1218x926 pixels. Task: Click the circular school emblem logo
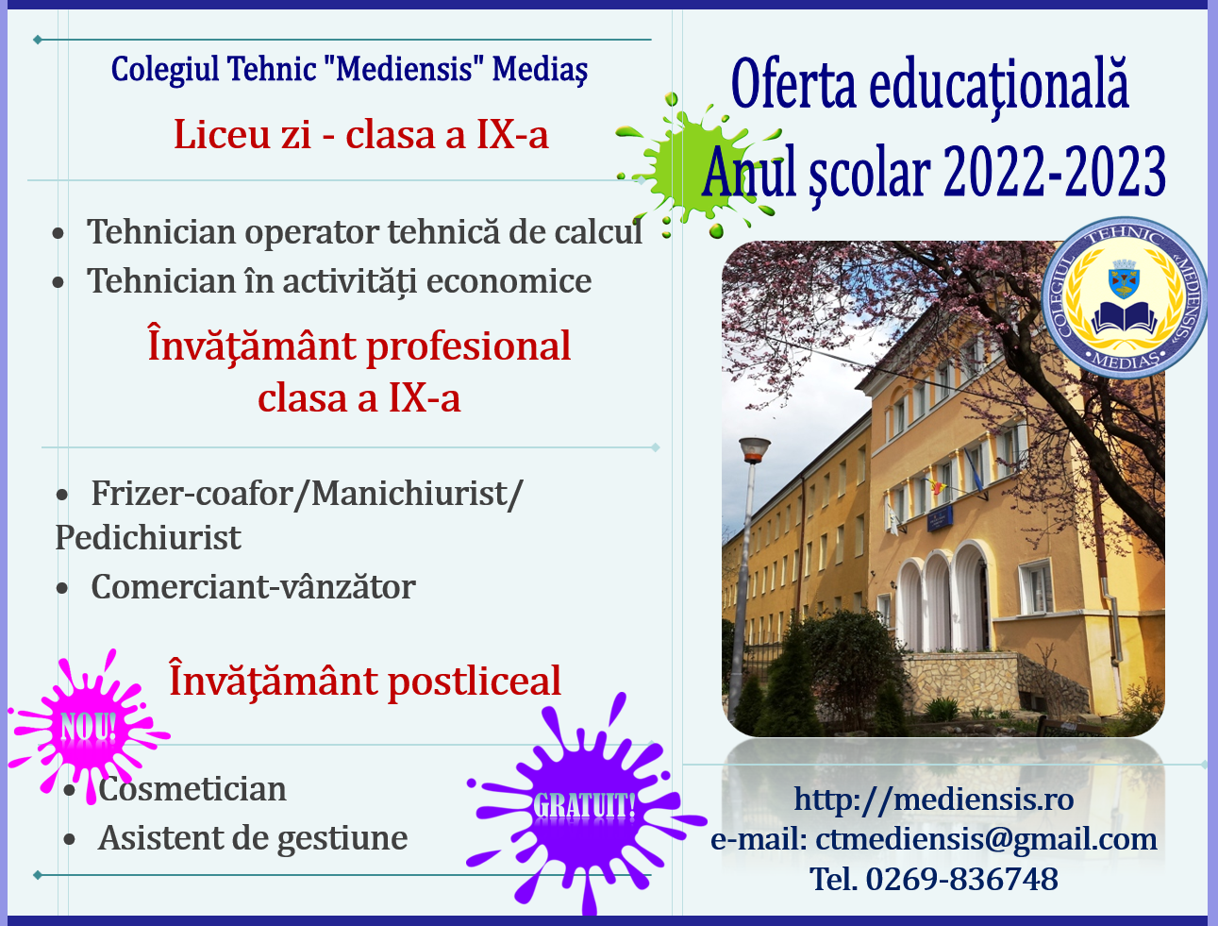point(1125,297)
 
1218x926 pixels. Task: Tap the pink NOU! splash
point(89,726)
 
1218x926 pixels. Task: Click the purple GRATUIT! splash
point(586,805)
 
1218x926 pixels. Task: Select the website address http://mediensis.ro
point(934,800)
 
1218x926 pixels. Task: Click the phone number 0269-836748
point(961,879)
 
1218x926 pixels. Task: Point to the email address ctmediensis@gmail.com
point(986,839)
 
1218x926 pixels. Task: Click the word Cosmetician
point(192,789)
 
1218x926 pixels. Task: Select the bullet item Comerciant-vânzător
point(253,587)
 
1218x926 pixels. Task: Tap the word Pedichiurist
point(148,537)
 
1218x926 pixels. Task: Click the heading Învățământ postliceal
point(364,682)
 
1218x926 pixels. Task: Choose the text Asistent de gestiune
point(253,838)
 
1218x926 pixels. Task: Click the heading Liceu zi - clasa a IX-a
point(361,134)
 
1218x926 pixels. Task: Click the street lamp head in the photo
point(754,449)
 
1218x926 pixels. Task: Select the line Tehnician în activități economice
point(339,281)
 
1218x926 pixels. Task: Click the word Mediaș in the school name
point(540,70)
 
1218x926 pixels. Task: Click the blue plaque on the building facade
point(940,518)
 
